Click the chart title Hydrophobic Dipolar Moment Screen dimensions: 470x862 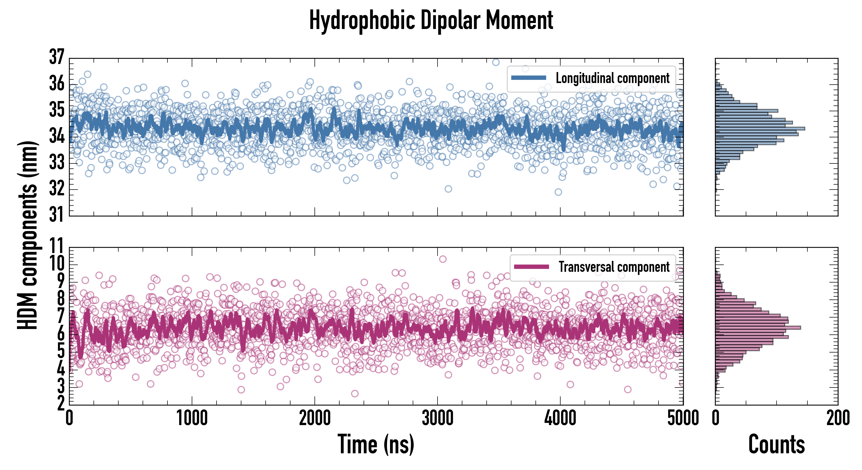431,21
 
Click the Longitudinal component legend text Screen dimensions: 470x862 612,78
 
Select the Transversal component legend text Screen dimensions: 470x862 614,267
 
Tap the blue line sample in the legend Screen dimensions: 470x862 529,78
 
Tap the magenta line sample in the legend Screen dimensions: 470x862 531,267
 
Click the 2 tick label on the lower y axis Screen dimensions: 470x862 61,404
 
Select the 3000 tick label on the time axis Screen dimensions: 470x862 437,418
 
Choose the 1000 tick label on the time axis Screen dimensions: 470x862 192,418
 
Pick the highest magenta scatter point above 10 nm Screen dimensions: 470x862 443,259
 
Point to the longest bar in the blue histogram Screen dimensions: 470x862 760,128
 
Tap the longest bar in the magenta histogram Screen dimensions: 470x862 758,327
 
